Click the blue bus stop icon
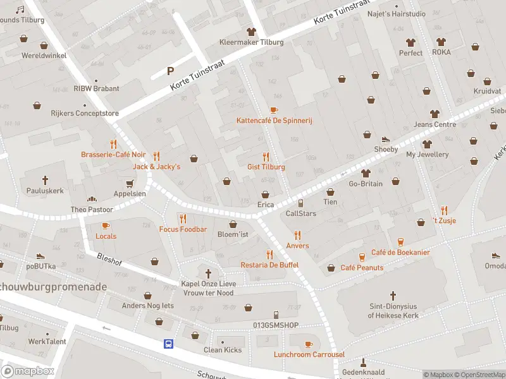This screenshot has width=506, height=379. [x=169, y=344]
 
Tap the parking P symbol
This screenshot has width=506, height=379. [x=170, y=71]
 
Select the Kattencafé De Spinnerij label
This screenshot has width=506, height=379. [x=275, y=120]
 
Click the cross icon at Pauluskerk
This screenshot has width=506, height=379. [x=44, y=180]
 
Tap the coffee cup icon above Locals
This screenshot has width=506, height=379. [x=106, y=226]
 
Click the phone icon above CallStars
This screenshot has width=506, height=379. [x=300, y=203]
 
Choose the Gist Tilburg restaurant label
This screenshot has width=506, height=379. [x=266, y=167]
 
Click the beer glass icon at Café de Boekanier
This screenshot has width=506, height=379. [x=400, y=242]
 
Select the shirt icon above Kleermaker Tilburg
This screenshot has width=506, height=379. [x=251, y=32]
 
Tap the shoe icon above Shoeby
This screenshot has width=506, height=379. [x=386, y=140]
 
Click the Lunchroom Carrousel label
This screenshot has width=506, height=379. [x=309, y=354]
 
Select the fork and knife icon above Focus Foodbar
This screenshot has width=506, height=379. [x=183, y=219]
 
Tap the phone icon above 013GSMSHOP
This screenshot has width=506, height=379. [x=276, y=315]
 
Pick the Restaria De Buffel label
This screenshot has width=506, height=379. [x=269, y=265]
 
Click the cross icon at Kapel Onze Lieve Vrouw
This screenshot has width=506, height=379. [x=209, y=274]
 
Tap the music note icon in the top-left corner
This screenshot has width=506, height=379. [x=20, y=10]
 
